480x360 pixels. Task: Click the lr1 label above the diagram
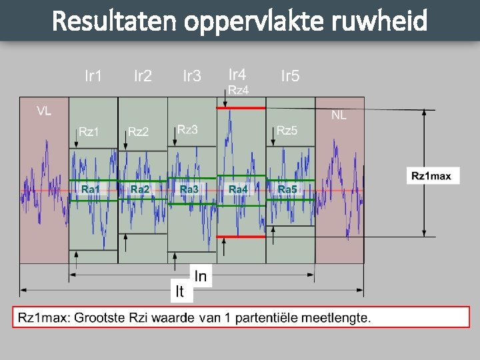pos(94,76)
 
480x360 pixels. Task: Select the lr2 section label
pos(143,76)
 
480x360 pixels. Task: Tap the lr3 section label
pos(192,76)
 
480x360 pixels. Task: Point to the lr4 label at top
pos(237,74)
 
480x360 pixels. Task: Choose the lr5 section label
pos(290,76)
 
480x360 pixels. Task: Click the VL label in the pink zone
pos(44,111)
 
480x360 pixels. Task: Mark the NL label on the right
pos(339,115)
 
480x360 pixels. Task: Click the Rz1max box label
pos(431,176)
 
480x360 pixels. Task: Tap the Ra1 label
pos(91,189)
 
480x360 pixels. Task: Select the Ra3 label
pos(189,189)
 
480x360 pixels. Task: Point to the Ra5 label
pos(287,189)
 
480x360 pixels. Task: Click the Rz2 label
pos(139,131)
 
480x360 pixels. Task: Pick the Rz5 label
pos(287,130)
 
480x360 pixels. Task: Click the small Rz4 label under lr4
pos(238,90)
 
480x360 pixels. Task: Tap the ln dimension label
pos(200,276)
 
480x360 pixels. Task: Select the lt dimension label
pos(179,291)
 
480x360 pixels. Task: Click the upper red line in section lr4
pos(241,107)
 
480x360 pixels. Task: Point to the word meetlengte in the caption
pos(336,317)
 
